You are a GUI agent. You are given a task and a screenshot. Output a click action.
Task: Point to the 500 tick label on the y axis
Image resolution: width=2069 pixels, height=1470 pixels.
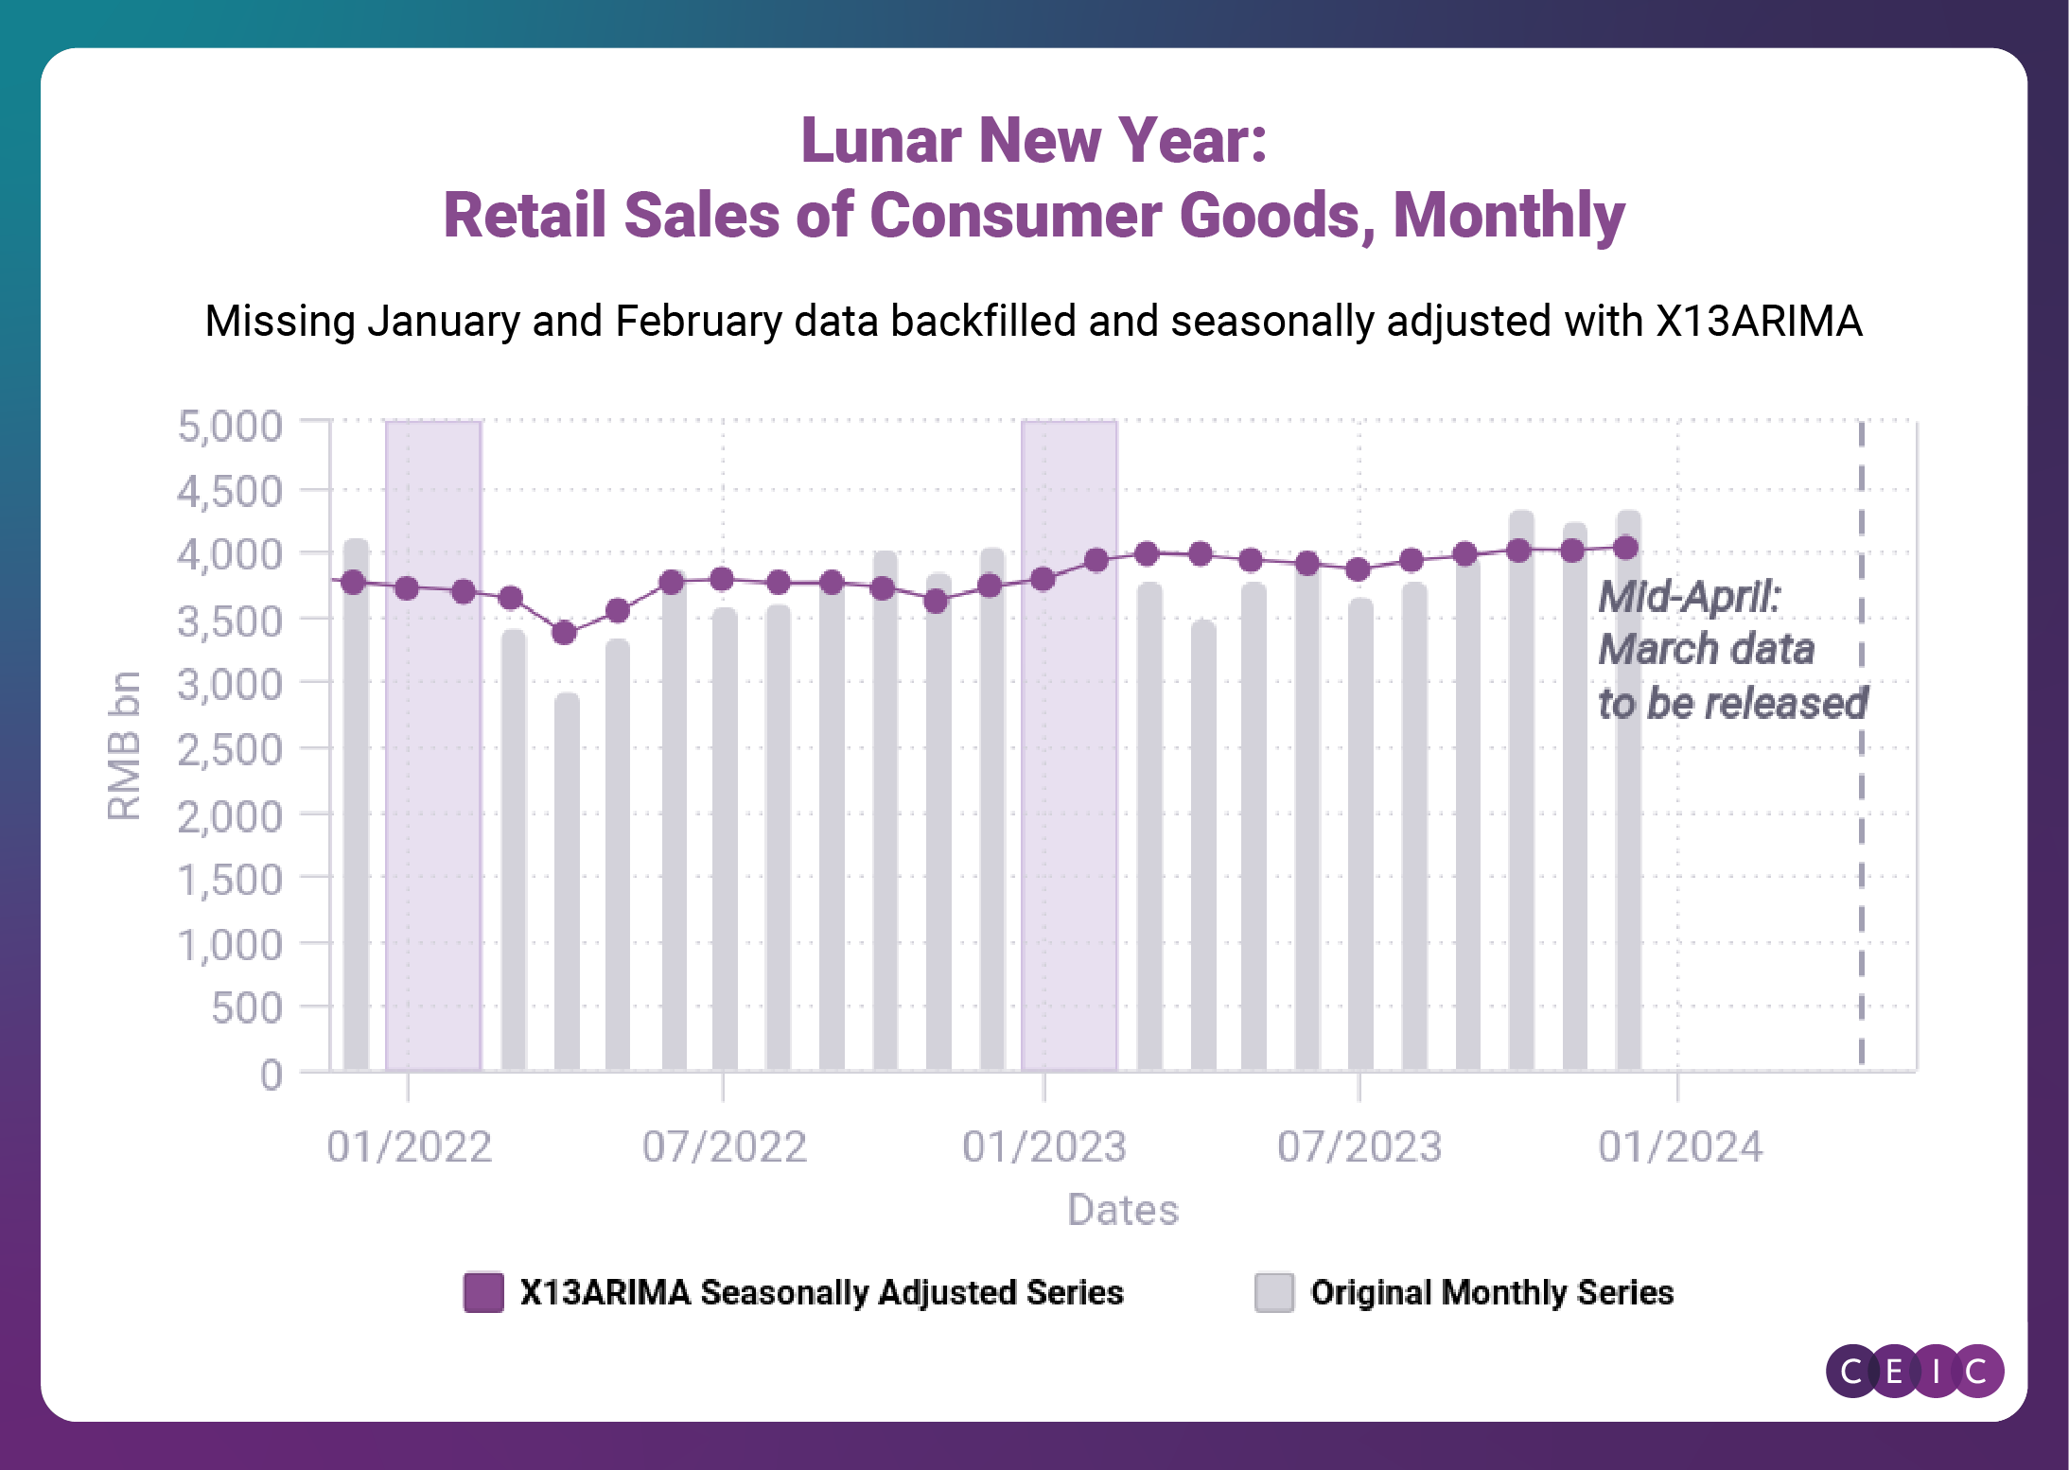pyautogui.click(x=246, y=1008)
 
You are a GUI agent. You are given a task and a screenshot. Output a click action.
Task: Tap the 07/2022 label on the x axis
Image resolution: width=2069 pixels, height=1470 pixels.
pyautogui.click(x=725, y=1146)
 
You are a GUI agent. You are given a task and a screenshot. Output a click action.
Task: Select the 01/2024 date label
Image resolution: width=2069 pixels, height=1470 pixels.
pyautogui.click(x=1680, y=1146)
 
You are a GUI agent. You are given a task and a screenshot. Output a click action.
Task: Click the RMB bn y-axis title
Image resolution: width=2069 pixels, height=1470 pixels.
pyautogui.click(x=124, y=745)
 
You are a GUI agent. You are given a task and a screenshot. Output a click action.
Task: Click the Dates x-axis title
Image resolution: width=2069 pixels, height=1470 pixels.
pyautogui.click(x=1123, y=1210)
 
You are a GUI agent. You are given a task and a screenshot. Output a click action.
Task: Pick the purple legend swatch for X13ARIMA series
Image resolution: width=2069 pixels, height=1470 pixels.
pyautogui.click(x=483, y=1292)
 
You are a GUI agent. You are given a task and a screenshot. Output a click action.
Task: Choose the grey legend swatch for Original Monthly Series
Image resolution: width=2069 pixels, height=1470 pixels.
pyautogui.click(x=1273, y=1292)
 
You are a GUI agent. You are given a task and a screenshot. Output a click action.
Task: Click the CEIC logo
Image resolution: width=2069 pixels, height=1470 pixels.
pyautogui.click(x=1914, y=1371)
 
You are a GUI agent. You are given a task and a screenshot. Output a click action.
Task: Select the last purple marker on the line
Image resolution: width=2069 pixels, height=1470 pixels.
pyautogui.click(x=1626, y=548)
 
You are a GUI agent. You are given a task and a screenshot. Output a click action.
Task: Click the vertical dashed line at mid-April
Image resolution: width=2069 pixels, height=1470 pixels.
pyautogui.click(x=1861, y=851)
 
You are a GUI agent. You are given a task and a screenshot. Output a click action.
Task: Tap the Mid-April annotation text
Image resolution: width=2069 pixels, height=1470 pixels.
pyautogui.click(x=1731, y=650)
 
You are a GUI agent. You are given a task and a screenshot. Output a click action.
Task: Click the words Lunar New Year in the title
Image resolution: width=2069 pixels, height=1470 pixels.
pyautogui.click(x=1033, y=141)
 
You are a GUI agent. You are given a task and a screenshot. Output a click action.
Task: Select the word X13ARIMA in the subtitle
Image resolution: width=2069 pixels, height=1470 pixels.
pyautogui.click(x=1758, y=322)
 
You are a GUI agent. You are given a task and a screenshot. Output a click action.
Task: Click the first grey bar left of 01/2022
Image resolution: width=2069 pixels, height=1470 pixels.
pyautogui.click(x=356, y=804)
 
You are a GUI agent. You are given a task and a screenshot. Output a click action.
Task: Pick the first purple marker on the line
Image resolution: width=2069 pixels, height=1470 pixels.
pyautogui.click(x=353, y=583)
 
